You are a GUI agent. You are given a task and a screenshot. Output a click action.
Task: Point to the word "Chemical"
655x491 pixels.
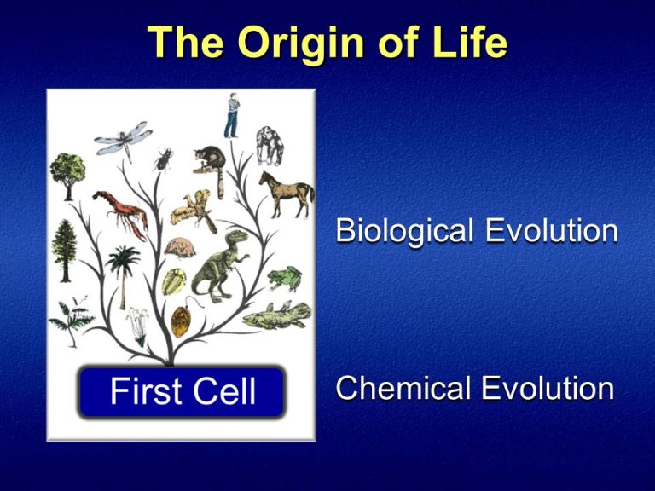(403, 389)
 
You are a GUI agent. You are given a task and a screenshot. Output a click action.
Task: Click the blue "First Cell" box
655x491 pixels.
(182, 392)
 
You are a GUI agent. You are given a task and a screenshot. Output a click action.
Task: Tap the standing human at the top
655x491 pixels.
(231, 118)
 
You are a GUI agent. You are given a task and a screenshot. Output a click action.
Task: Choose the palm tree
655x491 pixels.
(125, 269)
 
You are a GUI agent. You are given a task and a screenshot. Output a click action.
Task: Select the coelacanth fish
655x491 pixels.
(277, 315)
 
